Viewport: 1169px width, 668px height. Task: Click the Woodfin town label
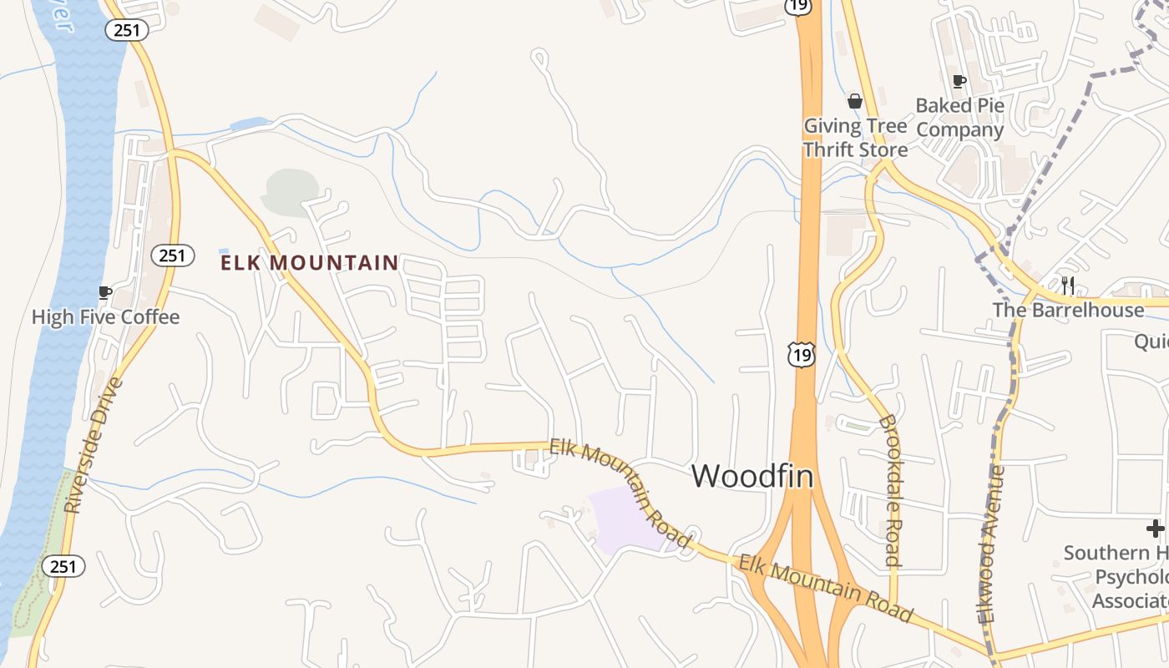click(752, 475)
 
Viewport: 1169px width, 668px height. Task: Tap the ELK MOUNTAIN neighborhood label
click(309, 263)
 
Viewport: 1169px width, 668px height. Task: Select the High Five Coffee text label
click(105, 317)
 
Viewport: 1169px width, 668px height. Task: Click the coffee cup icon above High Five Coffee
click(104, 292)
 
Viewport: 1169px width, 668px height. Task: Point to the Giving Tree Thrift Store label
click(855, 138)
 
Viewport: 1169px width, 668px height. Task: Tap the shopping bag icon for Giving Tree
click(855, 102)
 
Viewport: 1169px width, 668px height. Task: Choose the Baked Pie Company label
click(959, 118)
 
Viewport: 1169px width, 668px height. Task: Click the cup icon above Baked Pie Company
click(959, 81)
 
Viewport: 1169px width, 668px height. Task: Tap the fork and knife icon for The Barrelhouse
click(1067, 285)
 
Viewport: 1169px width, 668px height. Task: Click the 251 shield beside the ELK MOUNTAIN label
click(173, 256)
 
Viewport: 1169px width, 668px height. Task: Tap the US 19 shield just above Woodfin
click(802, 355)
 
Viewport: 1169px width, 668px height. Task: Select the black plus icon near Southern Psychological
click(1156, 528)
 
